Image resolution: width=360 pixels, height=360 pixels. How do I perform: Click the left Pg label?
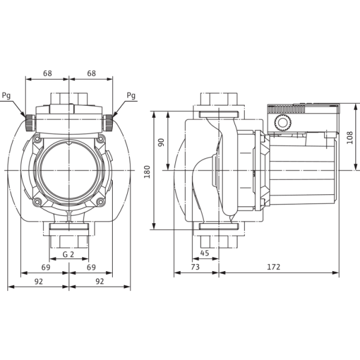(7, 95)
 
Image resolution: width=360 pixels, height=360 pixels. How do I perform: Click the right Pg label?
(131, 95)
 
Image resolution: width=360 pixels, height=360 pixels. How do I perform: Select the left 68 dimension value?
(47, 73)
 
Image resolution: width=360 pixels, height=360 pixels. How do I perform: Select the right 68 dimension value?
(91, 73)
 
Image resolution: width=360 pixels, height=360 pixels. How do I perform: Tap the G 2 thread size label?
(68, 254)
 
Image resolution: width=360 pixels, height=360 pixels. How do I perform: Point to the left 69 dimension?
(46, 267)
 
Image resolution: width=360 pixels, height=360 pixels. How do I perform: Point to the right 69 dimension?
(91, 267)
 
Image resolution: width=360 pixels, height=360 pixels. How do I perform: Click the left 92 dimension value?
(38, 281)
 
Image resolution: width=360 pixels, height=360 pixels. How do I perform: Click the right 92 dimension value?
(100, 281)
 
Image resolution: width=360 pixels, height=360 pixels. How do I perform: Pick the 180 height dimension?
(147, 172)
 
